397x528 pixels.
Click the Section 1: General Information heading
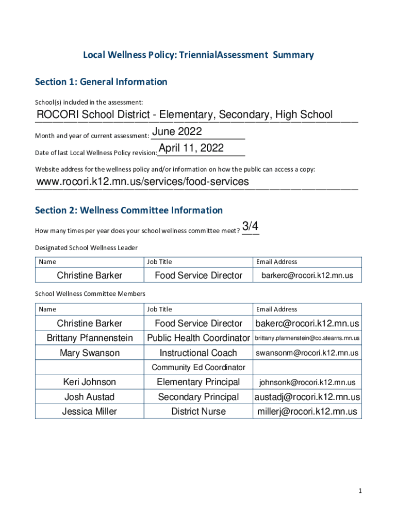(101, 82)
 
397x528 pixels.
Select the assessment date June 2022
(177, 131)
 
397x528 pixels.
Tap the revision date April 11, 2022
(191, 148)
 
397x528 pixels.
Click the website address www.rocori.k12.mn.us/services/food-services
(142, 181)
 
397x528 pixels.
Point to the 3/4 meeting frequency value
(250, 226)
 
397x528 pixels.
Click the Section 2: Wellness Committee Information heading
(129, 210)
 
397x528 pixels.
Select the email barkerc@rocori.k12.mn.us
(307, 276)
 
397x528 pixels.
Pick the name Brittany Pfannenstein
(90, 338)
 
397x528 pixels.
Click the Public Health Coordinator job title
(198, 338)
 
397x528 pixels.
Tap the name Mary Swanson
(90, 353)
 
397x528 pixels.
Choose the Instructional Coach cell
(198, 353)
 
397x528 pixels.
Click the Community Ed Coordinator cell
(198, 368)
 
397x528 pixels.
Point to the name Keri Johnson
(90, 382)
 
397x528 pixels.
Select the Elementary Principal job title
(198, 382)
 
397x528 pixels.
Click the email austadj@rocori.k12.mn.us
(307, 397)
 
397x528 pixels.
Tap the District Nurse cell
(198, 411)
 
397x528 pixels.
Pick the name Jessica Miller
(90, 411)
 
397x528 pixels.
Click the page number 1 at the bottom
(360, 491)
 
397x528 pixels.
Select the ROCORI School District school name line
(185, 115)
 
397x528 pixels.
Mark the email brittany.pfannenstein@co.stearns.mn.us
(307, 338)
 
